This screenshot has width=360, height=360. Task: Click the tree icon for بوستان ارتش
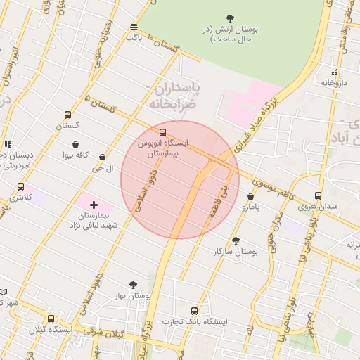pyautogui.click(x=230, y=18)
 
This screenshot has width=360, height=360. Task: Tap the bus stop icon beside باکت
pyautogui.click(x=134, y=27)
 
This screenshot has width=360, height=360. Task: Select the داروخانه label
pyautogui.click(x=335, y=82)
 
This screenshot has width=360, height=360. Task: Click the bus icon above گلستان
pyautogui.click(x=67, y=115)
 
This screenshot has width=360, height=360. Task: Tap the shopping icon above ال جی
pyautogui.click(x=103, y=157)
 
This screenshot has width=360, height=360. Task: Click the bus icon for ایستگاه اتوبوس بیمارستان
pyautogui.click(x=163, y=131)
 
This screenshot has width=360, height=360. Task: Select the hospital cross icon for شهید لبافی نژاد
pyautogui.click(x=94, y=204)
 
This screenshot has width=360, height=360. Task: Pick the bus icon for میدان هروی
pyautogui.click(x=318, y=196)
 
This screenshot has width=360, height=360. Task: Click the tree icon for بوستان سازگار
pyautogui.click(x=235, y=240)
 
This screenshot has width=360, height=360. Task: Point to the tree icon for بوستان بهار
pyautogui.click(x=133, y=285)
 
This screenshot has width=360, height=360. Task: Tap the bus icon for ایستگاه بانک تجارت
pyautogui.click(x=194, y=310)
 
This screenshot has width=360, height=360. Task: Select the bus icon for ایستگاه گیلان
pyautogui.click(x=50, y=319)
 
